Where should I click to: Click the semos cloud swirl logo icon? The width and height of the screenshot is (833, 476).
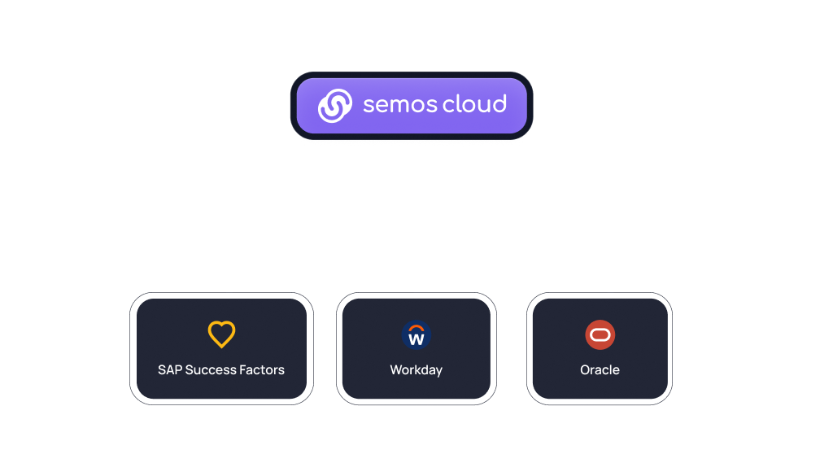pyautogui.click(x=334, y=106)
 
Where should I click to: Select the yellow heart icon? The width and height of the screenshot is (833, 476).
pyautogui.click(x=221, y=334)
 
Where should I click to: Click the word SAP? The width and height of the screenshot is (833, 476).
pyautogui.click(x=170, y=369)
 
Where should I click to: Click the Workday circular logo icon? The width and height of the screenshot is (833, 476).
pyautogui.click(x=416, y=334)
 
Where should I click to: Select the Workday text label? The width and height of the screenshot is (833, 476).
pyautogui.click(x=416, y=370)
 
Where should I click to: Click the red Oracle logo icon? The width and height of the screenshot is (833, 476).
pyautogui.click(x=600, y=334)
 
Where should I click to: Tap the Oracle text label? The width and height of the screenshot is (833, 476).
pyautogui.click(x=600, y=369)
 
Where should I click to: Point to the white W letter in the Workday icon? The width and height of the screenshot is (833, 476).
pyautogui.click(x=416, y=339)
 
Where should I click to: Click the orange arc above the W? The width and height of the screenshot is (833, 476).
pyautogui.click(x=416, y=328)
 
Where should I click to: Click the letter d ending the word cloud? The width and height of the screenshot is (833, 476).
pyautogui.click(x=499, y=103)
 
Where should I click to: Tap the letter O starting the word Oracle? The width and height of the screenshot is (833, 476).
pyautogui.click(x=586, y=369)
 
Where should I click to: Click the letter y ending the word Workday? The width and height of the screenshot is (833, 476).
pyautogui.click(x=438, y=372)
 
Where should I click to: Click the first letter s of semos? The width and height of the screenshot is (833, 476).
pyautogui.click(x=369, y=105)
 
